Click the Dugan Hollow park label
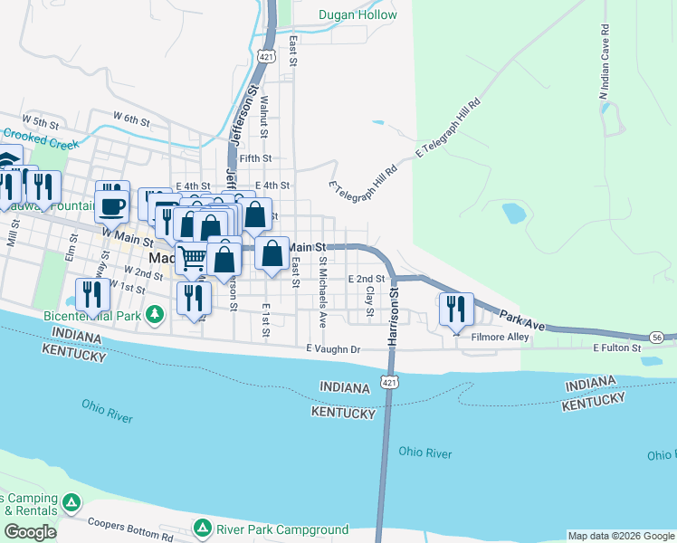click(x=358, y=14)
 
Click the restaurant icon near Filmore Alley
click(x=455, y=310)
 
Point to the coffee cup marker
click(x=112, y=205)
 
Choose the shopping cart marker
click(x=192, y=259)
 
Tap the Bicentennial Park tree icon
click(x=155, y=314)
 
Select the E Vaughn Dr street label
click(x=333, y=348)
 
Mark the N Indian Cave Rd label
click(x=604, y=69)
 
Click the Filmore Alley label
click(x=500, y=337)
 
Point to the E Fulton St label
click(x=617, y=348)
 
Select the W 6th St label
click(x=131, y=119)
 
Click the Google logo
click(x=30, y=532)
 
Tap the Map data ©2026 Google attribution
click(x=621, y=536)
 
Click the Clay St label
click(x=369, y=299)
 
